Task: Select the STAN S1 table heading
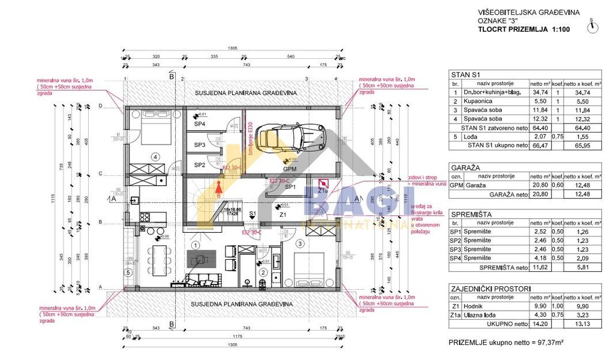466,74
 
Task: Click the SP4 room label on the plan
200,124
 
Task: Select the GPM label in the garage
290,169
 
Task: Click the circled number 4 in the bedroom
155,157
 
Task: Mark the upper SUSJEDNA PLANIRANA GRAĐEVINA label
245,94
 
